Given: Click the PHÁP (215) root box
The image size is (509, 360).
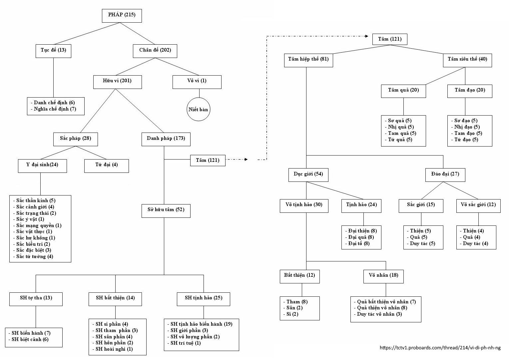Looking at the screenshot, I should pyautogui.click(x=122, y=15).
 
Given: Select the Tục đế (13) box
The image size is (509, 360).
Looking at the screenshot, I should pyautogui.click(x=53, y=50).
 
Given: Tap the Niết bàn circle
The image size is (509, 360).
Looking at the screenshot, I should pyautogui.click(x=198, y=110).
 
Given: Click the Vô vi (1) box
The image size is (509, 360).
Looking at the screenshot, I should pyautogui.click(x=197, y=81).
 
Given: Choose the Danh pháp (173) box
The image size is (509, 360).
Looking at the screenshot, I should pyautogui.click(x=166, y=139).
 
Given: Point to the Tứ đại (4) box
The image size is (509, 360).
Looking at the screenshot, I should pyautogui.click(x=106, y=165).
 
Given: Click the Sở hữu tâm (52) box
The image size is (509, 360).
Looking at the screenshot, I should pyautogui.click(x=166, y=210).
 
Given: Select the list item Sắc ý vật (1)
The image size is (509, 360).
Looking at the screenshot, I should pyautogui.click(x=30, y=219).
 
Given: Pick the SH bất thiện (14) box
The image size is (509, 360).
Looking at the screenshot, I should pyautogui.click(x=115, y=298).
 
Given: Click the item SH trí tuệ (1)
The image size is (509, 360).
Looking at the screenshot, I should pyautogui.click(x=186, y=343).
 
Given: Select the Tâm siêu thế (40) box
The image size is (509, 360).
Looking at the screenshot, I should pyautogui.click(x=467, y=60).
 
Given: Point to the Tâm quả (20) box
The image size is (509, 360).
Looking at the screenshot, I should pyautogui.click(x=403, y=91).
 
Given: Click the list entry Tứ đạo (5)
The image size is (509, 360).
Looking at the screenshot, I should pyautogui.click(x=466, y=140).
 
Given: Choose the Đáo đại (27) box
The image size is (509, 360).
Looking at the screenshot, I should pyautogui.click(x=445, y=175).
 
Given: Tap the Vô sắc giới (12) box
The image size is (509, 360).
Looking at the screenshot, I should pyautogui.click(x=478, y=205).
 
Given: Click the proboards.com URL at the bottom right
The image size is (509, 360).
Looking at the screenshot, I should pyautogui.click(x=440, y=348).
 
